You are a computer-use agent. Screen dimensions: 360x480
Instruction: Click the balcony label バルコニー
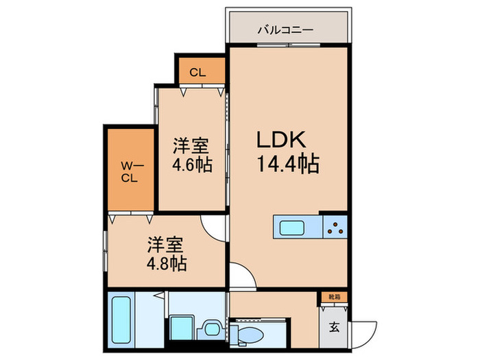[x=286, y=30]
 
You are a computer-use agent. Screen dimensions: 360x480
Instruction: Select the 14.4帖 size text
[x=289, y=165]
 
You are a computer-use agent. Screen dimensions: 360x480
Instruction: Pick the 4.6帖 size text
[x=191, y=166]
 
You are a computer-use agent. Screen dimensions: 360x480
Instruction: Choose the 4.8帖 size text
[x=167, y=263]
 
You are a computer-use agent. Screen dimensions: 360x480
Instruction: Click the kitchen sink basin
[x=293, y=226]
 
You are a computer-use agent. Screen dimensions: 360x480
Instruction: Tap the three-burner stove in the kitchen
[x=335, y=226]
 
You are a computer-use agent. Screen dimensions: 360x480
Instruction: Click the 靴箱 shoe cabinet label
[x=333, y=298]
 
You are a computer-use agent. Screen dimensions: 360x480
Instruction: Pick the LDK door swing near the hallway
[x=241, y=278]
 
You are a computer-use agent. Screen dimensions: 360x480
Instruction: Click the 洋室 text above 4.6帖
[x=191, y=146]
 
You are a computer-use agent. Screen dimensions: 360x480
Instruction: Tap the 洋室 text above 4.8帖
[x=167, y=243]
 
